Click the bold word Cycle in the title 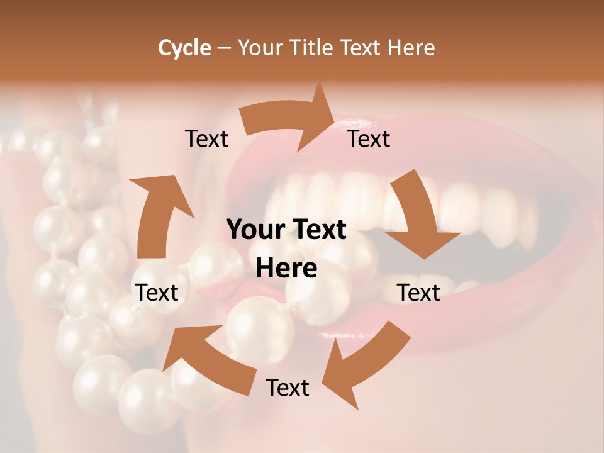(x=184, y=48)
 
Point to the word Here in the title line (x=411, y=48)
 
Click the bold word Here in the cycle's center (x=286, y=269)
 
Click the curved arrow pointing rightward (x=283, y=120)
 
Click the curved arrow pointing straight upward (x=157, y=220)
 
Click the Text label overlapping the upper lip (x=369, y=138)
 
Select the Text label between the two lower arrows (x=288, y=388)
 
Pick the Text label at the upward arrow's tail (x=157, y=293)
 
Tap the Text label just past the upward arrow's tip (x=206, y=138)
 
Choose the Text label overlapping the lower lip (x=418, y=293)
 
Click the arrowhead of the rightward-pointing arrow (x=318, y=116)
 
